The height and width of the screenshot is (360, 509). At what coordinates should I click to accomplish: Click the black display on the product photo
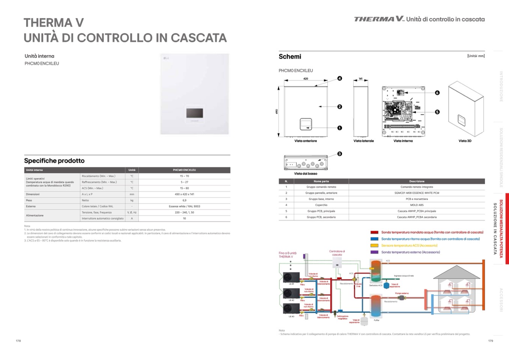point(194,113)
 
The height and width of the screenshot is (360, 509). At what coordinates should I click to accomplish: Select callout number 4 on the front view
point(340,78)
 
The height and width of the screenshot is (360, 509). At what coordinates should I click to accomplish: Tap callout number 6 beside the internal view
point(437,93)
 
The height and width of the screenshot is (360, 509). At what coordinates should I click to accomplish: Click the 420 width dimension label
point(306,79)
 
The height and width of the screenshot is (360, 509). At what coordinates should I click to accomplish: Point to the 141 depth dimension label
point(360,79)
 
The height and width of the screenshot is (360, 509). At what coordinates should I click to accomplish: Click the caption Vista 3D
point(465,141)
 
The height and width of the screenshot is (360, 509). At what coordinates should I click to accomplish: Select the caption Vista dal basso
point(306,174)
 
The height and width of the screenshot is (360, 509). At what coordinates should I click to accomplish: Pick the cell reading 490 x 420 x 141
point(184,194)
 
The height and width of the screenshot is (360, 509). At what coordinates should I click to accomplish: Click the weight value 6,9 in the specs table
point(184,200)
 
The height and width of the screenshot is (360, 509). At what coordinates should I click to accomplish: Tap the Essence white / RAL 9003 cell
point(184,206)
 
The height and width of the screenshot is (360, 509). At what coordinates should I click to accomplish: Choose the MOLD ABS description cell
point(417,205)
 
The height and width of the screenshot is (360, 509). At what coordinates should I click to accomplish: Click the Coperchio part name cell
point(321,205)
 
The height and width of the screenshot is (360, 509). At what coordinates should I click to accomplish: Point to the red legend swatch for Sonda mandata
point(374,232)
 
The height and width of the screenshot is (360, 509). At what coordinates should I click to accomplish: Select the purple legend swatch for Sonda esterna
point(374,252)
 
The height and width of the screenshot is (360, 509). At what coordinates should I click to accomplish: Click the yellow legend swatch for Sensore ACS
point(374,246)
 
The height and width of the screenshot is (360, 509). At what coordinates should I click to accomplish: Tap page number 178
point(18,341)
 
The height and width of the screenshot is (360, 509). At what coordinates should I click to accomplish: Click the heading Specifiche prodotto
point(54,161)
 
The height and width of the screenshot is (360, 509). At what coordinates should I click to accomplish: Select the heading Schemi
point(290,57)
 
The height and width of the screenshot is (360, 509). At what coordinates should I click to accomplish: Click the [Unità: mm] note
point(476,56)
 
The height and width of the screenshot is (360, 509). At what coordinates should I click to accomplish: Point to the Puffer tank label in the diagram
point(376,320)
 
